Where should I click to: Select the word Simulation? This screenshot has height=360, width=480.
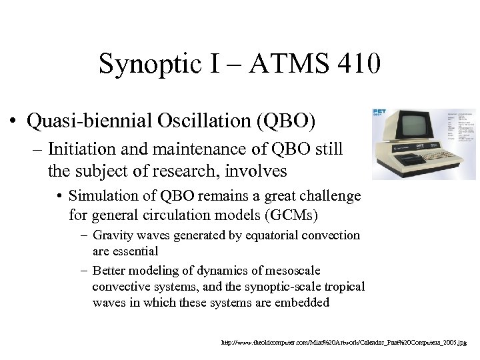coord(103,197)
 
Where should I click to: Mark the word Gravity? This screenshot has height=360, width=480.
coord(111,235)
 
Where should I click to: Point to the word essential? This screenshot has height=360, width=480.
coord(135,251)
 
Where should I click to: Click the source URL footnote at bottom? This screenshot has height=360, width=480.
coord(344,342)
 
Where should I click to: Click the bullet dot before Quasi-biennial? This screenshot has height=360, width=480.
coord(14,121)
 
